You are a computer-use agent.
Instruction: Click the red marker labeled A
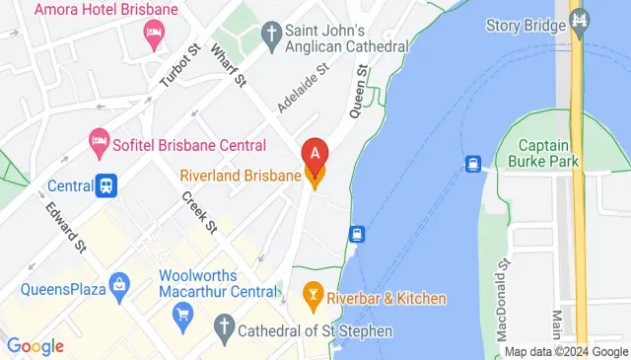[x=314, y=154]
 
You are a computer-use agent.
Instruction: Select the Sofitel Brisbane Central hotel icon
[x=99, y=145]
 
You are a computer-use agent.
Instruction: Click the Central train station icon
[x=106, y=184]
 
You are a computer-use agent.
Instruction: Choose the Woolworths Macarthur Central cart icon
[x=181, y=315]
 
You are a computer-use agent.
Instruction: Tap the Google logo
[x=35, y=345]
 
